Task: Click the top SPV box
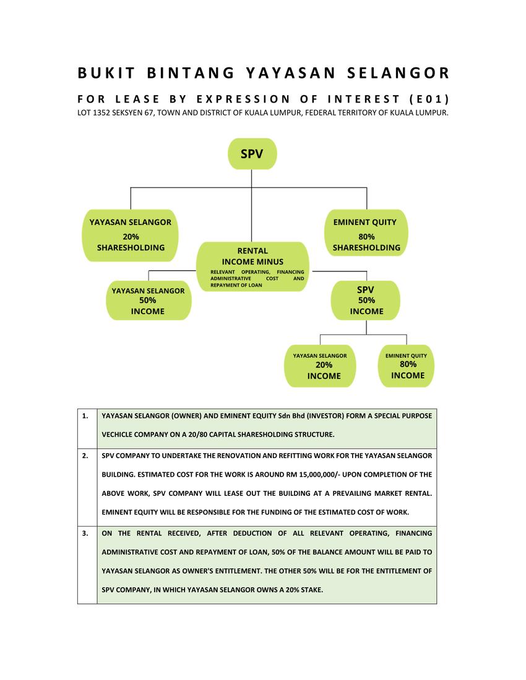click(252, 154)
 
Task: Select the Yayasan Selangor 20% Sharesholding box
click(131, 235)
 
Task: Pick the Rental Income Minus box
click(252, 266)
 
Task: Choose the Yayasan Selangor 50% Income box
click(148, 301)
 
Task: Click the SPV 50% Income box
click(366, 300)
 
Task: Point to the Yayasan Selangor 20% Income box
click(320, 366)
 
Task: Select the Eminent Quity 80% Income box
click(407, 366)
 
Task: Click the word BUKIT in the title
click(106, 73)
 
